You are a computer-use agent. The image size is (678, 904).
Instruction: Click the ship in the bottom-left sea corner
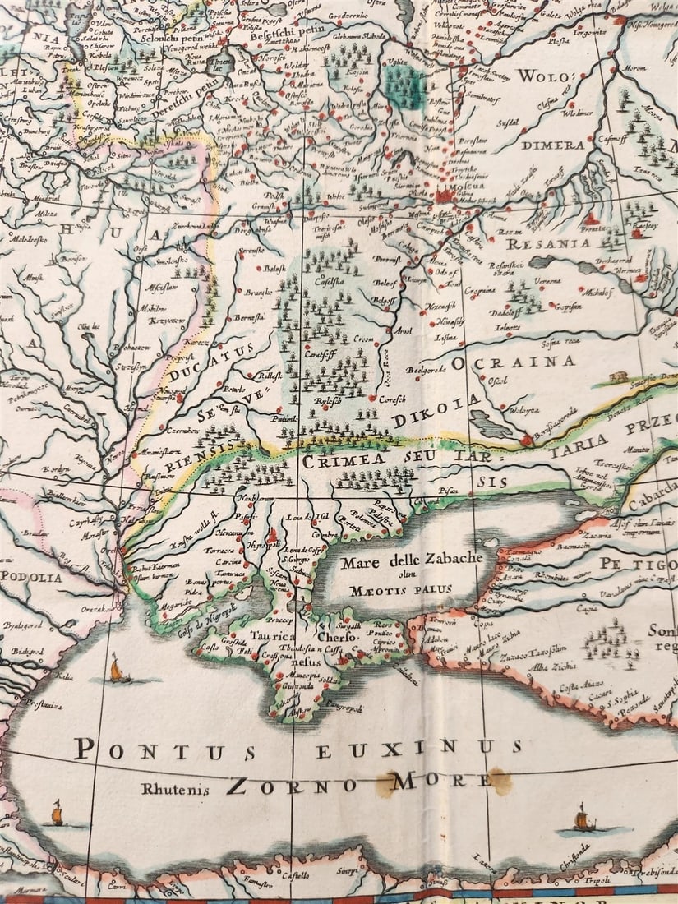coord(58,814)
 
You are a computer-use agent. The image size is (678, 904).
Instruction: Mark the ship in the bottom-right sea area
coord(583,819)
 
